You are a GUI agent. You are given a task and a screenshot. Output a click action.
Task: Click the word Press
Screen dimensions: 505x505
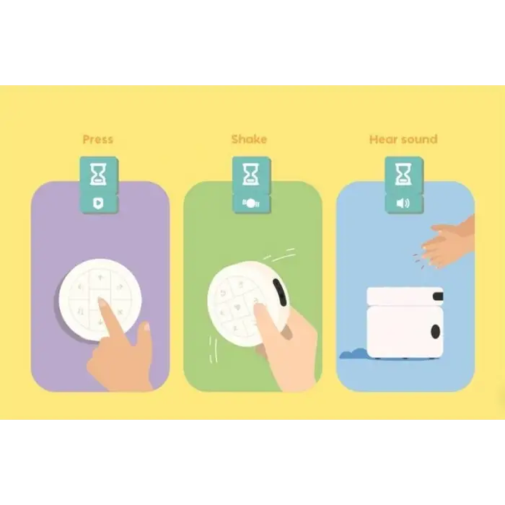point(98,139)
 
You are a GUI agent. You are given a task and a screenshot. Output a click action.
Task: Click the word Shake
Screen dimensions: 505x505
point(250,139)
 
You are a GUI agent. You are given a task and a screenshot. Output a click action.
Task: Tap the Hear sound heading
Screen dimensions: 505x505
point(403,139)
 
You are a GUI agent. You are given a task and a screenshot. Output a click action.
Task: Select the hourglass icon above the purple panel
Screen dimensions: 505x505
point(98,175)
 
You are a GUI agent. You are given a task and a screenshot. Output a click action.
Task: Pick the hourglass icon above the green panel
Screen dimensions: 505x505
point(251,175)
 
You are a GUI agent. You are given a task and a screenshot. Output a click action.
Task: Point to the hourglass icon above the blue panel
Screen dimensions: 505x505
point(403,175)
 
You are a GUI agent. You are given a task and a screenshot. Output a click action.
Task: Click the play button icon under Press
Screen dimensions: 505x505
point(98,203)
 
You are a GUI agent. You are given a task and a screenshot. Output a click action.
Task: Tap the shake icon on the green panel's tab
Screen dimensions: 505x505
point(251,203)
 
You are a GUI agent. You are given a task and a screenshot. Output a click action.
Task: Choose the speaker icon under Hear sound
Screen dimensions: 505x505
point(403,203)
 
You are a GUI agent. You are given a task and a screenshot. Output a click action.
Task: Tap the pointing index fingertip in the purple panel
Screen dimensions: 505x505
point(102,302)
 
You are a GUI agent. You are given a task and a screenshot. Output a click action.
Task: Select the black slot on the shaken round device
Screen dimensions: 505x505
point(279,292)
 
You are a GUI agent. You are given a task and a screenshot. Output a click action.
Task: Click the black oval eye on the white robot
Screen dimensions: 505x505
point(436,331)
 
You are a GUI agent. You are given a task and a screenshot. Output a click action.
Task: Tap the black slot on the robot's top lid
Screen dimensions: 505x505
point(438,296)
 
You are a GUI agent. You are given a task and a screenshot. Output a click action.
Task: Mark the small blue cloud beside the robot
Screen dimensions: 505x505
point(353,353)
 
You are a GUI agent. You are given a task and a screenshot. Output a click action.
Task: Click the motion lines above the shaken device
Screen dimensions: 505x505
point(280,255)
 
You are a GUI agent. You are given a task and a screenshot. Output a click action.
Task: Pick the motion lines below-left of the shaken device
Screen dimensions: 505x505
point(213,349)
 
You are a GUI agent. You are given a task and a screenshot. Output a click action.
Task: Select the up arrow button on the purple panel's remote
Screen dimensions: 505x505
point(100,278)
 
